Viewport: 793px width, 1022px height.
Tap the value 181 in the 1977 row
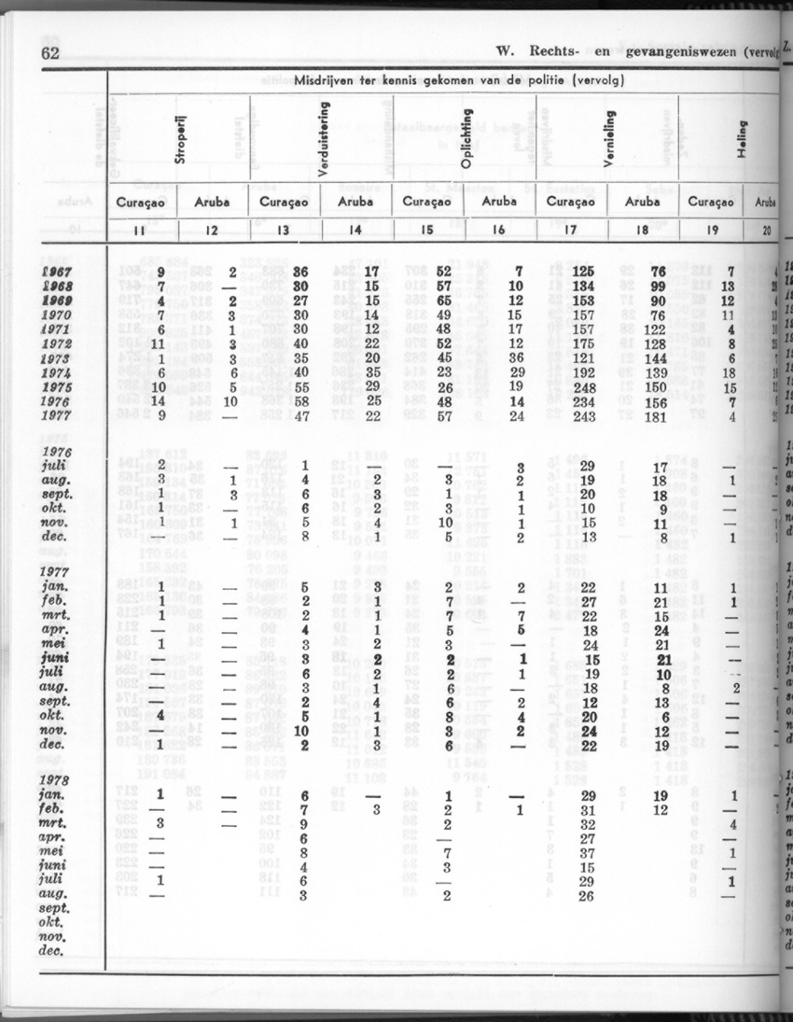[x=659, y=416]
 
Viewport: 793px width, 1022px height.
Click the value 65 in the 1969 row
[x=447, y=301]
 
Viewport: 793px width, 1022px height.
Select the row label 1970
[x=59, y=315]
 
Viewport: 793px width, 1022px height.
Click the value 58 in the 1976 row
[x=302, y=401]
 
